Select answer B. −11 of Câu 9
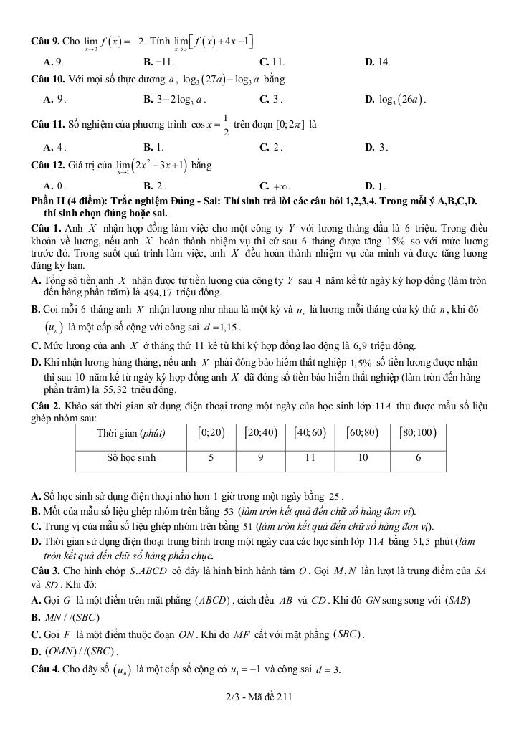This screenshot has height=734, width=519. (x=159, y=62)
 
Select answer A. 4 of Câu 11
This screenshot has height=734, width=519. (x=54, y=147)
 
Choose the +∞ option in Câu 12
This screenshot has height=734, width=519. (x=274, y=186)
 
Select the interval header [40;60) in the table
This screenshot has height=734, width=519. (x=310, y=432)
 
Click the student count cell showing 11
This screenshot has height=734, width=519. (x=310, y=457)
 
